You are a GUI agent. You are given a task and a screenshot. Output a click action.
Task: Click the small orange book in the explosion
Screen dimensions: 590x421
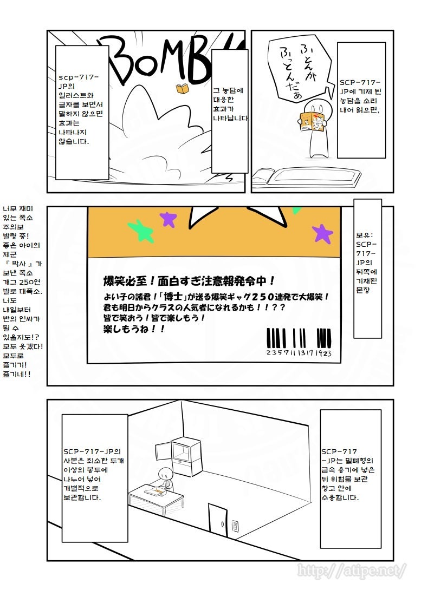click(x=182, y=89)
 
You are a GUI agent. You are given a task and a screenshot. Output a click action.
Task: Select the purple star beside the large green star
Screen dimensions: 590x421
click(x=168, y=219)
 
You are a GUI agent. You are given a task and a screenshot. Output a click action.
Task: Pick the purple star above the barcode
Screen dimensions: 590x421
click(x=323, y=233)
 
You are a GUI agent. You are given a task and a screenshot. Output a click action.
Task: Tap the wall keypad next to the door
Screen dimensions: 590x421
click(x=235, y=526)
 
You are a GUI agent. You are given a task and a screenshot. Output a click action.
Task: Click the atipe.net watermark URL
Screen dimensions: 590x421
click(x=351, y=570)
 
